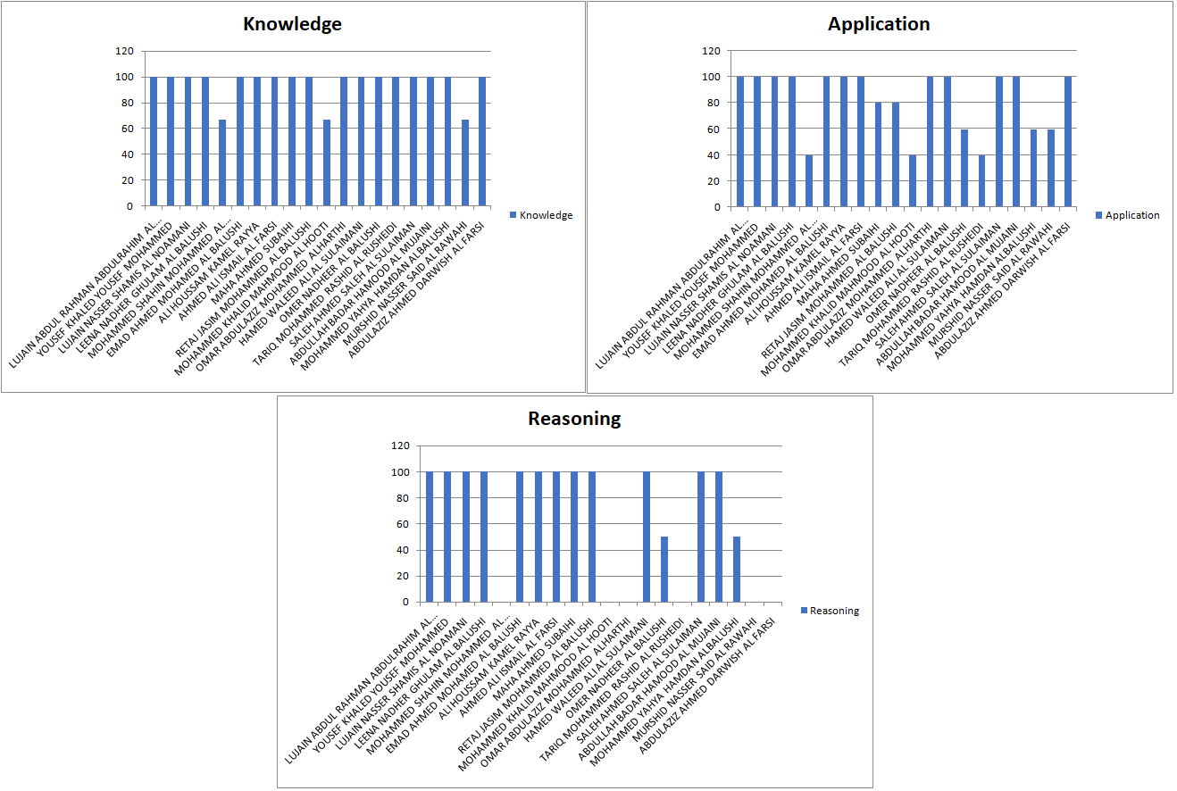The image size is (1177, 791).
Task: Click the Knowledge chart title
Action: [x=292, y=24]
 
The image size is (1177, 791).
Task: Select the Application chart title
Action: [x=879, y=24]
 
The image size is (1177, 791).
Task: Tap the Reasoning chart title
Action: [x=574, y=419]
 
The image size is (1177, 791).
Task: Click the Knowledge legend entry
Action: [x=540, y=215]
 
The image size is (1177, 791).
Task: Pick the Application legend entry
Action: [x=1127, y=215]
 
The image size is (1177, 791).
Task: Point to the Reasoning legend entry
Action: [x=830, y=611]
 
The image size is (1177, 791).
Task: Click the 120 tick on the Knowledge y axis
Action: [x=123, y=51]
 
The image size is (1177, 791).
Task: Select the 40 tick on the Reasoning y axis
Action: [x=403, y=550]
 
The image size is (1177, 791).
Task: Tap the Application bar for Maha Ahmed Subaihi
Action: [x=879, y=154]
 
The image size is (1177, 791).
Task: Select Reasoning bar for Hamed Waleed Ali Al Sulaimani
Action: [x=647, y=537]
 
